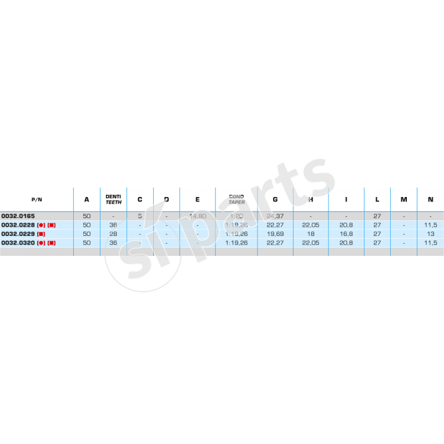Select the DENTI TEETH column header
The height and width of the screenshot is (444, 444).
pyautogui.click(x=113, y=199)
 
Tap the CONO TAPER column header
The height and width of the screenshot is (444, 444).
pyautogui.click(x=236, y=199)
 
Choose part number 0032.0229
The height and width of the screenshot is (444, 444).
pyautogui.click(x=18, y=234)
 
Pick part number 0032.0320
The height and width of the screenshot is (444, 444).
pyautogui.click(x=18, y=243)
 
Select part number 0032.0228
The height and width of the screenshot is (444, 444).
pyautogui.click(x=18, y=225)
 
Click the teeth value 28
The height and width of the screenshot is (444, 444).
pyautogui.click(x=113, y=234)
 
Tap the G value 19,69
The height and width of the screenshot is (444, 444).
pyautogui.click(x=275, y=234)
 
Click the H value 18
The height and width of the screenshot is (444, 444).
pyautogui.click(x=311, y=234)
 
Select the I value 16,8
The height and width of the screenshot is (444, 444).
pyautogui.click(x=346, y=234)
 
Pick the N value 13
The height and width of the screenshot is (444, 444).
pyautogui.click(x=431, y=234)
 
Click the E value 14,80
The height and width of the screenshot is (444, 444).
pyautogui.click(x=198, y=216)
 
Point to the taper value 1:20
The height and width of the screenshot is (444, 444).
pyautogui.click(x=236, y=216)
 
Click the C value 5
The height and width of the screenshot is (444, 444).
pyautogui.click(x=140, y=216)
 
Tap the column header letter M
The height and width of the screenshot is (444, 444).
pyautogui.click(x=404, y=199)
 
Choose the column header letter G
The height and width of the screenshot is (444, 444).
pyautogui.click(x=275, y=199)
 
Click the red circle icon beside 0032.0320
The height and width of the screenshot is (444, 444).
pyautogui.click(x=41, y=243)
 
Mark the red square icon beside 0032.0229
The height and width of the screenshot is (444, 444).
pyautogui.click(x=41, y=234)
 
